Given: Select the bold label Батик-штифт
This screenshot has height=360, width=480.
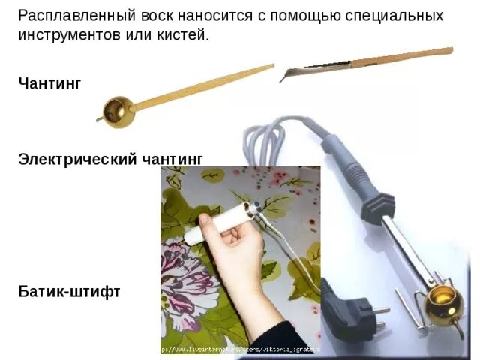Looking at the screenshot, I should [69, 291].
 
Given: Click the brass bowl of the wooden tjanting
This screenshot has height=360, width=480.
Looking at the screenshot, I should [117, 110].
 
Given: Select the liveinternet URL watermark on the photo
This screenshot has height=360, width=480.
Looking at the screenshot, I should [240, 349].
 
